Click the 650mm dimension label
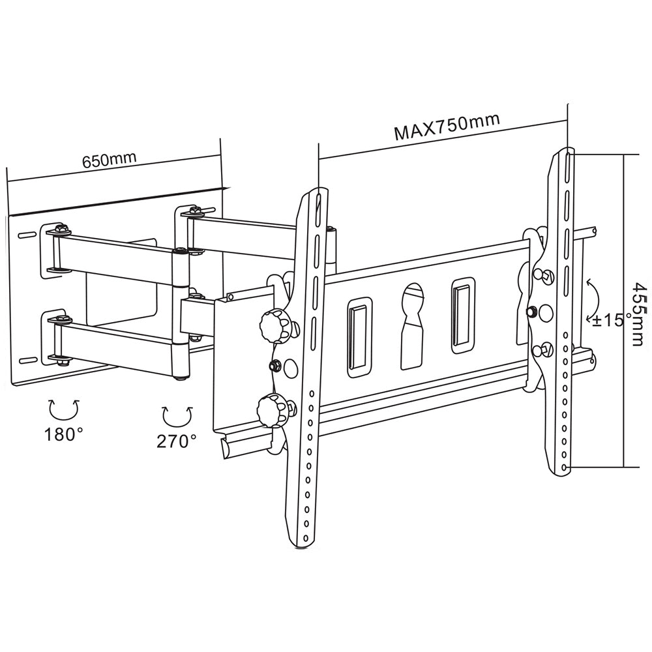[x=109, y=160]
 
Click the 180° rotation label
[x=63, y=434]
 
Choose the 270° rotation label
[x=176, y=441]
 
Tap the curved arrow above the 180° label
[x=63, y=409]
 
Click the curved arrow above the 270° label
[x=177, y=415]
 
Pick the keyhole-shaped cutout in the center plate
[x=413, y=326]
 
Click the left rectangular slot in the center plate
[x=359, y=337]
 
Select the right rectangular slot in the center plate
[x=463, y=315]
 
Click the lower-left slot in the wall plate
[x=27, y=360]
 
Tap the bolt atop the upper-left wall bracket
[x=61, y=229]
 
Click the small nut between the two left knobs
[x=275, y=366]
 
